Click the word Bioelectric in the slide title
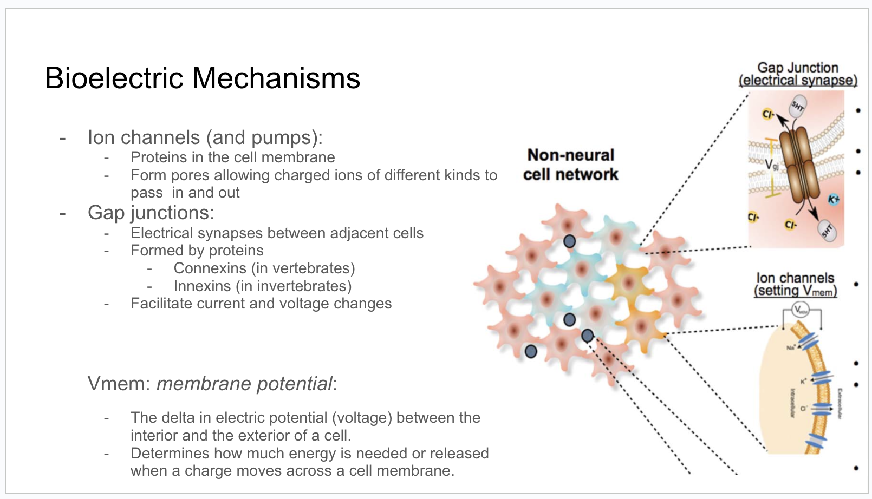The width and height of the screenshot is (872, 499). click(115, 78)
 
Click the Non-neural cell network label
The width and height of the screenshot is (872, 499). click(570, 165)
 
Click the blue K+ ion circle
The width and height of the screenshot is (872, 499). click(834, 200)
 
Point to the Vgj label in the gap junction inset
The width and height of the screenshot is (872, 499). click(772, 164)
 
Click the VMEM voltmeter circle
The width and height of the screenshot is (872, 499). click(800, 310)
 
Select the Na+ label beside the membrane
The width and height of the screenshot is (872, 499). click(791, 347)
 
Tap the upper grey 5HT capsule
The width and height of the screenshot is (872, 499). click(798, 106)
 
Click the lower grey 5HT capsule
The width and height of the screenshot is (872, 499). click(827, 231)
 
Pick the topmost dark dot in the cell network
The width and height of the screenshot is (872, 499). click(569, 241)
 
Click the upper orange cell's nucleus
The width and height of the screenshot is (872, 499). click(628, 282)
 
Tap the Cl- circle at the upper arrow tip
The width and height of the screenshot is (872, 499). click(767, 114)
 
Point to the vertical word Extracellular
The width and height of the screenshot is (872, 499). click(840, 403)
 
